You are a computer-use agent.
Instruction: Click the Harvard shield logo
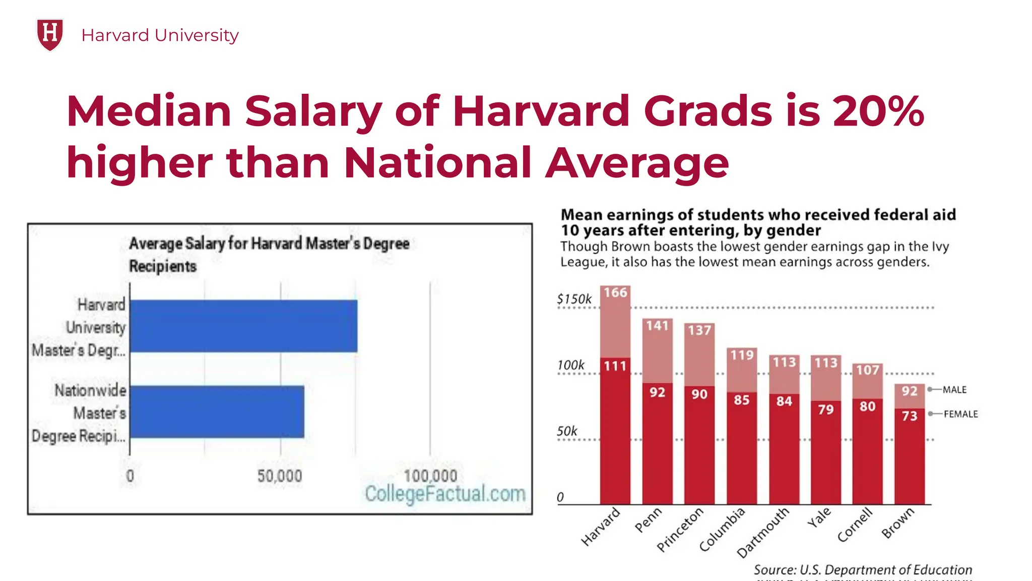[50, 34]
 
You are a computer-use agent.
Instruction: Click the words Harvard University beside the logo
[160, 35]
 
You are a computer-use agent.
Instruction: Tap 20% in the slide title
[878, 111]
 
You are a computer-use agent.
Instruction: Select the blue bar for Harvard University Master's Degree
[243, 326]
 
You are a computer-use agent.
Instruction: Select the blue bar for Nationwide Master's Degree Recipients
[217, 412]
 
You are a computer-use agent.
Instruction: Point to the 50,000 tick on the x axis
[280, 476]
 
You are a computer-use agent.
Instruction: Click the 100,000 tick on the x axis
[430, 476]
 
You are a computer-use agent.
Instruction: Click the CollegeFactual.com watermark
[445, 494]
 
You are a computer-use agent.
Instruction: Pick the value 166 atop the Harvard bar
[615, 293]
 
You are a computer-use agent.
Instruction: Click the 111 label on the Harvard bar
[615, 366]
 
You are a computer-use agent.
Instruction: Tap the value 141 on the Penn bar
[657, 326]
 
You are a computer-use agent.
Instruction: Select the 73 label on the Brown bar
[910, 416]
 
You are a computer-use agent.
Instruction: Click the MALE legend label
[954, 390]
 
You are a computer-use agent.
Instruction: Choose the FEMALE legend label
[960, 414]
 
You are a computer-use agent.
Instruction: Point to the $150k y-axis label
[574, 299]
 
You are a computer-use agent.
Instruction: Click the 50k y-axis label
[567, 432]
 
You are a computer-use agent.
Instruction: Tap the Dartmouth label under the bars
[762, 533]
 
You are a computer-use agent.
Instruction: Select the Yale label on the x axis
[819, 518]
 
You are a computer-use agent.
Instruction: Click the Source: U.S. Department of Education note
[863, 570]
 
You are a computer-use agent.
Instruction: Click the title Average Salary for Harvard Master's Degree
[269, 244]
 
